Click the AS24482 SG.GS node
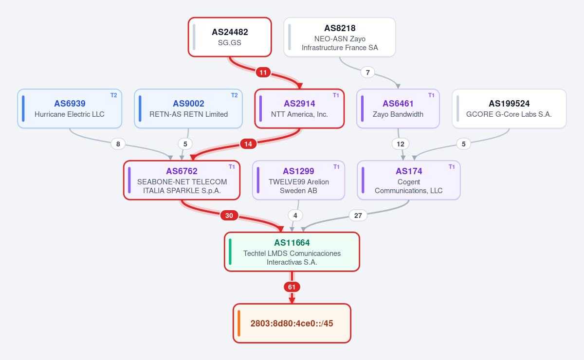coord(230,37)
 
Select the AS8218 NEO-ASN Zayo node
coord(340,37)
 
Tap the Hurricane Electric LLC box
coord(70,108)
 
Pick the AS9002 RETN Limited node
coord(188,108)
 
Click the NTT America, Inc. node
coord(299,108)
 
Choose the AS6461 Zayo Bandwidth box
coord(398,108)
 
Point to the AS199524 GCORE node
coord(509,108)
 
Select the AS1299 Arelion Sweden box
coord(298,180)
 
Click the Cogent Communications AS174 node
coord(408,180)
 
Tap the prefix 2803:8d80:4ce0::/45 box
coord(292,323)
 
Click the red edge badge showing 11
coord(263,72)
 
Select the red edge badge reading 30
coord(229,216)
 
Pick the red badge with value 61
coord(292,287)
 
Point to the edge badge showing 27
coord(358,216)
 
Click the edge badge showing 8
coord(118,144)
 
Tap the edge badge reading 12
coord(401,144)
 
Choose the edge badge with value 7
coord(367,72)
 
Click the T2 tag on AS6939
coord(114,95)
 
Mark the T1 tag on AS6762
coord(232,167)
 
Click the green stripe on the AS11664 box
coord(230,252)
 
